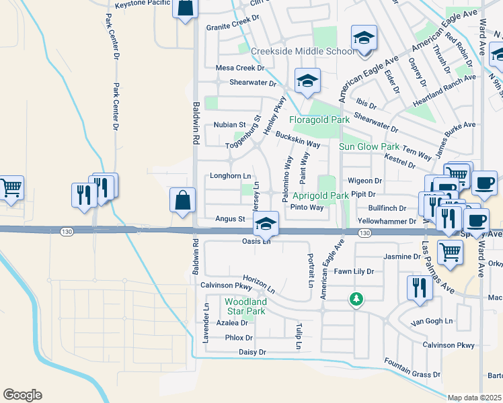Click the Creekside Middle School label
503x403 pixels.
pos(303,52)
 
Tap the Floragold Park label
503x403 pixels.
pos(319,120)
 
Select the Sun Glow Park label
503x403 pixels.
pos(369,146)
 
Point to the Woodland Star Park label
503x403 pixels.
pos(245,306)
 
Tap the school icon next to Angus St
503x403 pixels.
pos(266,224)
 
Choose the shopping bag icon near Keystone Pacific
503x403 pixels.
pos(186,9)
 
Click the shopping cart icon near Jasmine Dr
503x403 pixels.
pos(450,253)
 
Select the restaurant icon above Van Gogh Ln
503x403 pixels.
pos(419,287)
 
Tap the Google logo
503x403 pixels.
pos(22,395)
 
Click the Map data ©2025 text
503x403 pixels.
pos(475,398)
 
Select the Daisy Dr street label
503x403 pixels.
pos(252,352)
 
